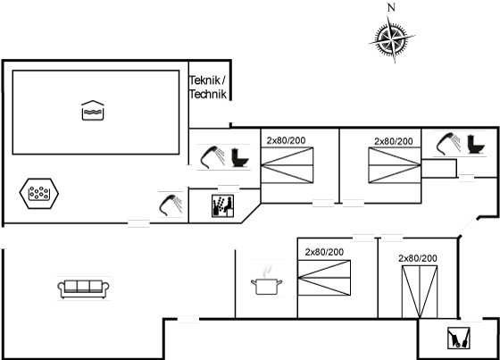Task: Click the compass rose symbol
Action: pos(392,39)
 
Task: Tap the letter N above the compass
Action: pos(391,7)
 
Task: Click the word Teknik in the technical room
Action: pos(204,80)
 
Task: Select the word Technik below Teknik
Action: pos(208,94)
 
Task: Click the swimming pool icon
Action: pos(93,111)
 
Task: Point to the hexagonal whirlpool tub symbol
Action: pos(39,194)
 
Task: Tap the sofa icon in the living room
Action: pos(83,289)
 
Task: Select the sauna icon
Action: pos(222,206)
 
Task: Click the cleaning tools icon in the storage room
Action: pos(459,338)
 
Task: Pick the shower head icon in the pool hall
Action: pos(171,205)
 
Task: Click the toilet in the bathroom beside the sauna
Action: pos(240,157)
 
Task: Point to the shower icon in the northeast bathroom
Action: pos(448,144)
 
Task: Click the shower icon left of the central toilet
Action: pos(212,157)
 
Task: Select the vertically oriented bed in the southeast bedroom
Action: pos(420,292)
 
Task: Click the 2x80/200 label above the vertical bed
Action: pos(418,258)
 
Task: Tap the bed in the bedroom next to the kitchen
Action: pos(324,278)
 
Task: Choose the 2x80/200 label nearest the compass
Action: pos(394,141)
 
